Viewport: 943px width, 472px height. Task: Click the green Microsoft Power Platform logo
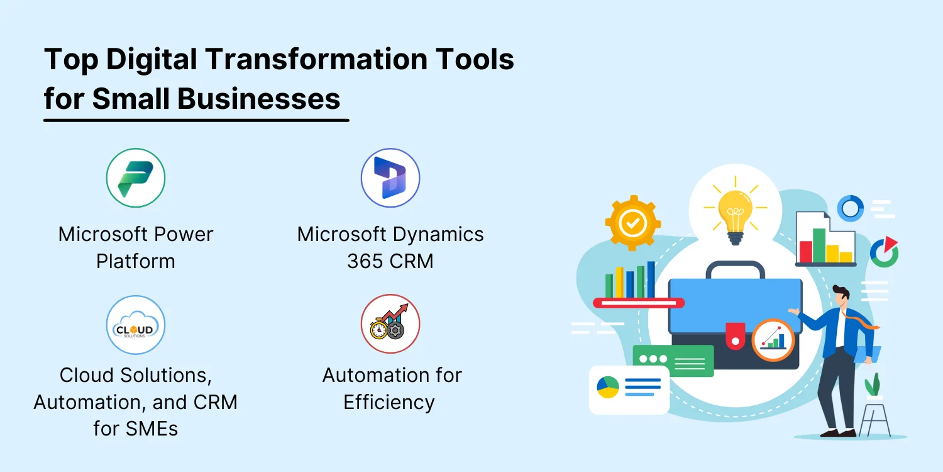136,177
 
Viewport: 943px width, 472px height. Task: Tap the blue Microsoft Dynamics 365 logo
390,177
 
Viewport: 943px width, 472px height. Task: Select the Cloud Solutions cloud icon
136,325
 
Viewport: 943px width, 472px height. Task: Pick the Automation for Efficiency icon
390,323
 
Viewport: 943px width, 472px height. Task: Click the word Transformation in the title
316,59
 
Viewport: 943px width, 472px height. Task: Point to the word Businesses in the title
258,99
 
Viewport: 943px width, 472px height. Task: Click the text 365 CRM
390,261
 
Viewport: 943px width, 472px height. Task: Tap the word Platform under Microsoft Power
136,261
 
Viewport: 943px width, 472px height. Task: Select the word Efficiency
389,402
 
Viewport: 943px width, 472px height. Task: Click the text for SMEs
136,429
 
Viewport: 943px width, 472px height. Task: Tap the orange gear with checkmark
632,223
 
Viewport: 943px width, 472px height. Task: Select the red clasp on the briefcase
736,336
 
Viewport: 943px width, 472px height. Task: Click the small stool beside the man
875,417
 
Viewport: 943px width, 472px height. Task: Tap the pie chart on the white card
608,387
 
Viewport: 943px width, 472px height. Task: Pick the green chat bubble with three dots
673,361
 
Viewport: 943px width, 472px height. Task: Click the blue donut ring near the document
851,208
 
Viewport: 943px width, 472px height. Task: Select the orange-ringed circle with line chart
773,340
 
